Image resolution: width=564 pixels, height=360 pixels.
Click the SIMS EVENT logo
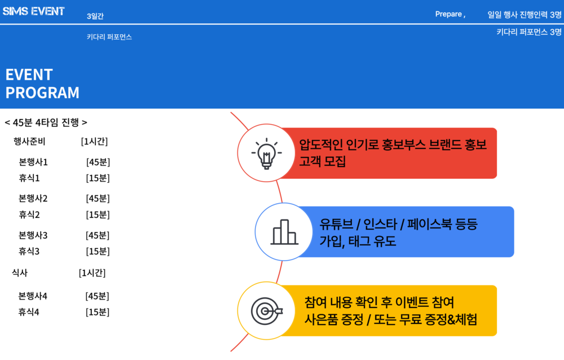tap(33, 11)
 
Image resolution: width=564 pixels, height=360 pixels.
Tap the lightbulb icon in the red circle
tap(267, 153)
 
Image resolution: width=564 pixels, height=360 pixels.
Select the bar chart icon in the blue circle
tap(284, 232)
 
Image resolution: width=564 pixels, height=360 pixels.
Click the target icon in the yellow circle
tap(267, 311)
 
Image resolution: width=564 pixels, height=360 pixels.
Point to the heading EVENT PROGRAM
tap(42, 84)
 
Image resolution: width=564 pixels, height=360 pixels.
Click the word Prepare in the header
tap(448, 14)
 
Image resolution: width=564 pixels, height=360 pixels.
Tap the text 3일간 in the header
tap(95, 16)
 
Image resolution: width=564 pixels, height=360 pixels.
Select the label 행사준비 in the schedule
tap(29, 142)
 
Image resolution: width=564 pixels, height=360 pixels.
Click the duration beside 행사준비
tap(94, 142)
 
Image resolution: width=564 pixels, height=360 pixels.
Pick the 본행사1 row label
tap(33, 163)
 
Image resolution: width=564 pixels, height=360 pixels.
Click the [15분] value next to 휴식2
tap(98, 215)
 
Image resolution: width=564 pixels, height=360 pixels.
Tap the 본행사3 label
tap(33, 235)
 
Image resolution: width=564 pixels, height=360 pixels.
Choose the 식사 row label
tap(20, 273)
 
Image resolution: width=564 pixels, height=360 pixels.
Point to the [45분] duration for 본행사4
tap(97, 296)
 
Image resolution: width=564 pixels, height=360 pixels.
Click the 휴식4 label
tap(29, 312)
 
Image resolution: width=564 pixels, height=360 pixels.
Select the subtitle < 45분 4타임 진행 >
tap(46, 123)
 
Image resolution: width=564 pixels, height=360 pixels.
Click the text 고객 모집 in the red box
tap(323, 161)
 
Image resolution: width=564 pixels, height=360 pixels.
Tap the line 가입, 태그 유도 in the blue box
tap(358, 241)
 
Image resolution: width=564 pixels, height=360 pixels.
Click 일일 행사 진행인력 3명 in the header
tap(525, 15)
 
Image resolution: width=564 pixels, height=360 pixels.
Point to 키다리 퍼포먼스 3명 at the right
tap(529, 32)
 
